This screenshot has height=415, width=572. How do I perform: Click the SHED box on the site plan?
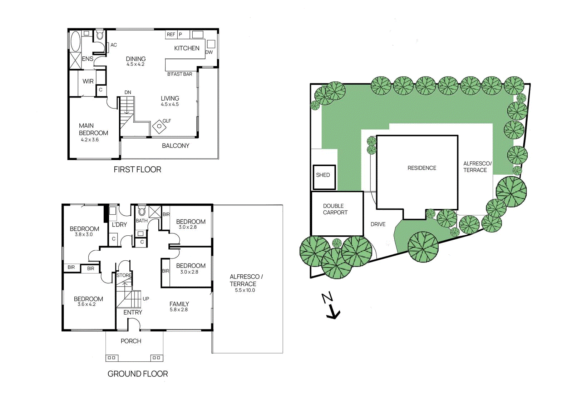coord(324,177)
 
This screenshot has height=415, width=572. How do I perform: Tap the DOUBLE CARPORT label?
coord(335,209)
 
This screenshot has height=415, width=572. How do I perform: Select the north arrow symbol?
coord(331,306)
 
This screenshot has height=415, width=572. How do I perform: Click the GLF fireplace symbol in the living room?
coord(159,126)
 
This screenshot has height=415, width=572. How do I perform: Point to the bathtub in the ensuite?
coord(75,41)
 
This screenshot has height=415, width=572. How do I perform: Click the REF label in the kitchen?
coord(171,35)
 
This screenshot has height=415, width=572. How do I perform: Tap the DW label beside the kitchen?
coord(209,52)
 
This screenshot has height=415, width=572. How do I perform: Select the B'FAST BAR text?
coord(179,74)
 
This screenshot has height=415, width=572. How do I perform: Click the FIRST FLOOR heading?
coord(137,170)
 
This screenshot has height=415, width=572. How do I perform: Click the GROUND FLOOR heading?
coord(138,374)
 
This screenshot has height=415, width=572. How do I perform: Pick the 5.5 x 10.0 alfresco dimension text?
coord(245,290)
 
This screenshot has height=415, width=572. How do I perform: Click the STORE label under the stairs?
coord(124,275)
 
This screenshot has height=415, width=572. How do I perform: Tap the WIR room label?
coord(88,81)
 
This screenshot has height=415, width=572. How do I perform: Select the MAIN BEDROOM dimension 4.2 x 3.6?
coord(90,140)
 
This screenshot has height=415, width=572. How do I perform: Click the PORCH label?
coord(131,341)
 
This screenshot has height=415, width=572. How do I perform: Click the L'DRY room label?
coord(119,225)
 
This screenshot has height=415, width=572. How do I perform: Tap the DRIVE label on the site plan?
coord(378,224)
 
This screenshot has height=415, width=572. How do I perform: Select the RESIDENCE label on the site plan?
coord(422,168)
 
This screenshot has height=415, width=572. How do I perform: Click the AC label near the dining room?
coord(114,45)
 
